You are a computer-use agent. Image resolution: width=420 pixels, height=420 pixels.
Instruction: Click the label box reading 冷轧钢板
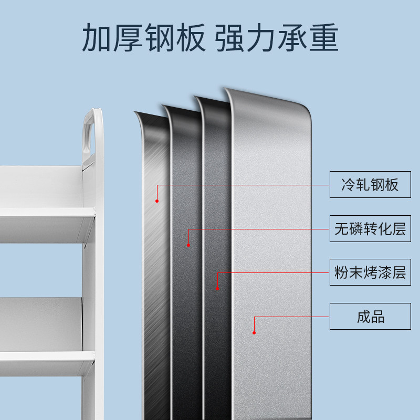[x=370, y=184]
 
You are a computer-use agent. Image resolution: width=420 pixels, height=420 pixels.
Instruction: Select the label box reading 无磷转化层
[x=370, y=228]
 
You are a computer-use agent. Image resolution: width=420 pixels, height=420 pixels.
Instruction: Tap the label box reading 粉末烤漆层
[x=370, y=272]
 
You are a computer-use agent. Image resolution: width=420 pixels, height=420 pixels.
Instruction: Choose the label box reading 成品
[x=370, y=316]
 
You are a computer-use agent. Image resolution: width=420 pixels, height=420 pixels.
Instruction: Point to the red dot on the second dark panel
[x=188, y=245]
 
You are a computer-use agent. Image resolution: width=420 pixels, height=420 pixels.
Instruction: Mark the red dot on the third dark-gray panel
[x=217, y=288]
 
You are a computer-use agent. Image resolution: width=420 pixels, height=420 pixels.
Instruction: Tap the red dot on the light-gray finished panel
[x=254, y=332]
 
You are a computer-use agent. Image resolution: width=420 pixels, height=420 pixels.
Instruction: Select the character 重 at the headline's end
[x=322, y=37]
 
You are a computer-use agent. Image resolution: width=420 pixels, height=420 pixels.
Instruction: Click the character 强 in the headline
[x=231, y=37]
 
